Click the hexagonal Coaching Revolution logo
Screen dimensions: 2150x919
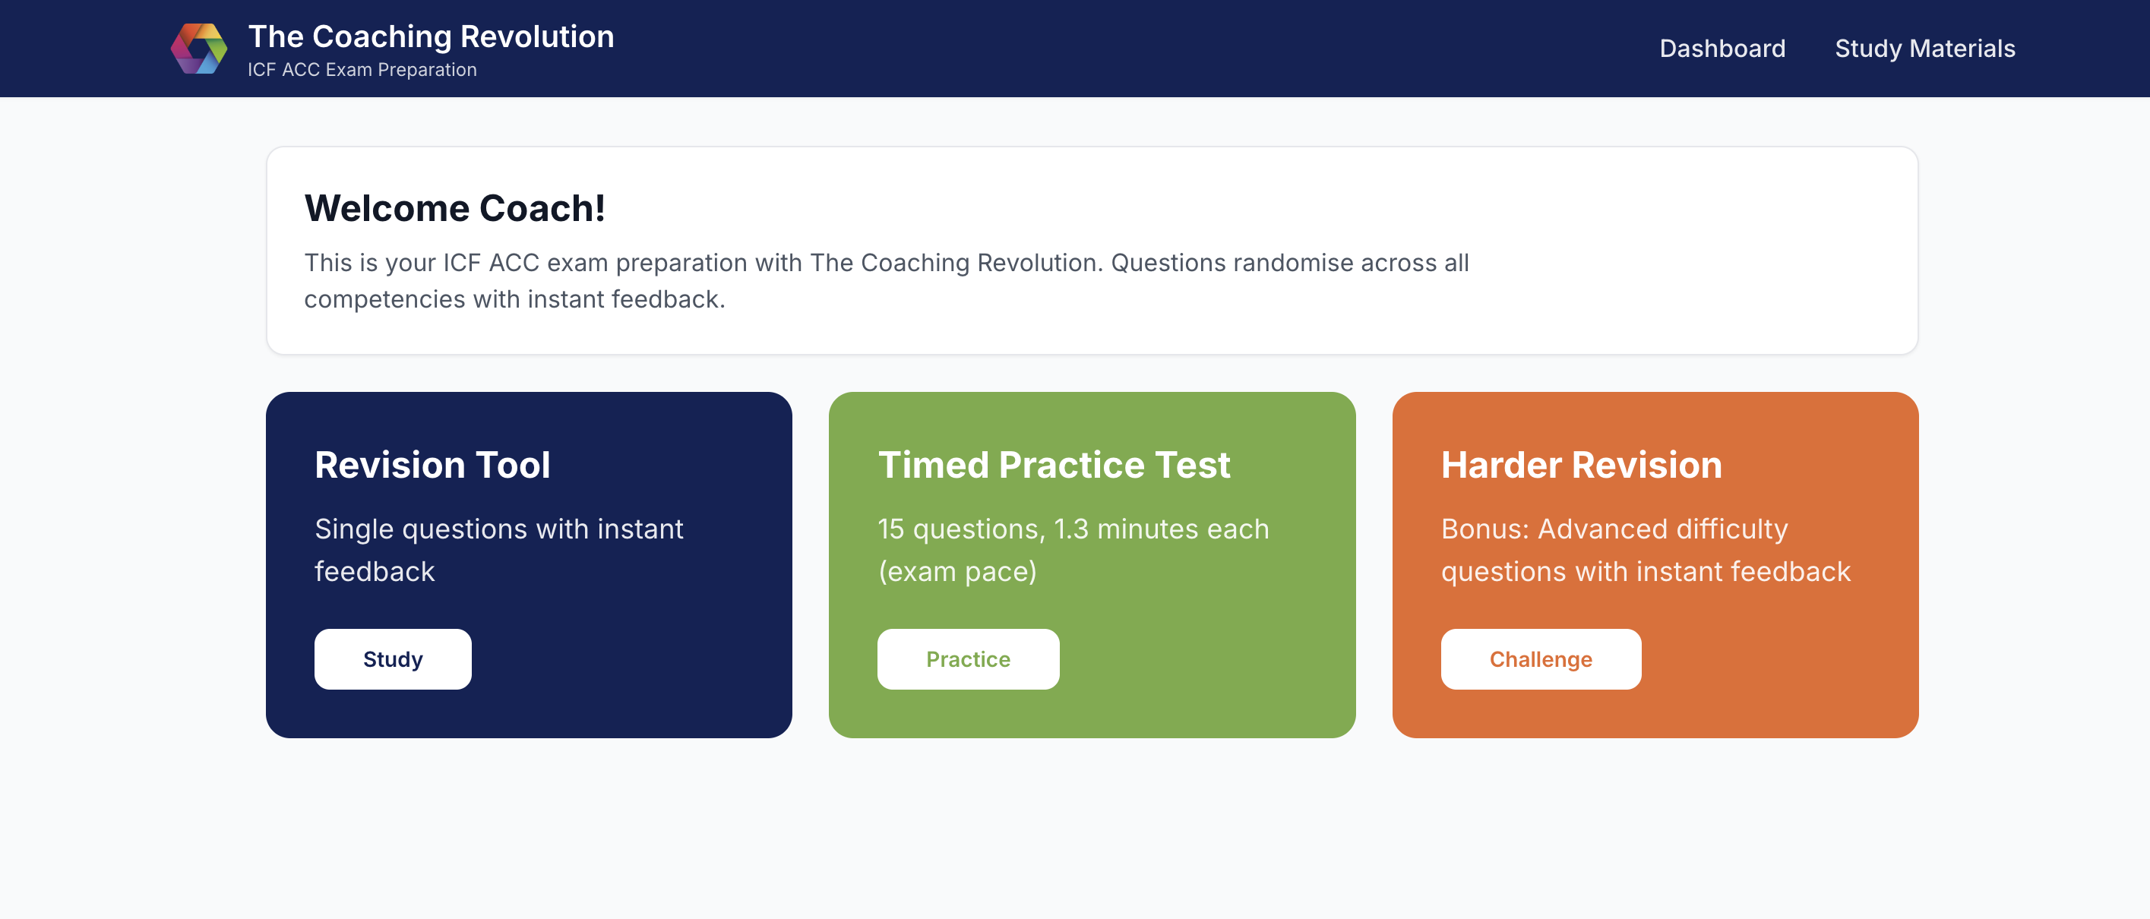point(198,49)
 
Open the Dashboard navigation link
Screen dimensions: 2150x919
point(1722,49)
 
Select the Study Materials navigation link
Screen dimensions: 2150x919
point(1924,49)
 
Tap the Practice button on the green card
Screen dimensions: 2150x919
point(968,658)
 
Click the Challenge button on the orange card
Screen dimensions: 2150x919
point(1541,658)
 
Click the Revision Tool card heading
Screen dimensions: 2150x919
point(432,465)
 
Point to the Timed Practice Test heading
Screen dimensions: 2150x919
point(1054,465)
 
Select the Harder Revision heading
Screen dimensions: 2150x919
point(1582,465)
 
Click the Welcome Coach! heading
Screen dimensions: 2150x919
point(455,208)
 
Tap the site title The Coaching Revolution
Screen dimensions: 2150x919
point(431,36)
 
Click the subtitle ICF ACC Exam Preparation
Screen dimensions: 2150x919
point(362,69)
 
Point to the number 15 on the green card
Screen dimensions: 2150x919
point(890,529)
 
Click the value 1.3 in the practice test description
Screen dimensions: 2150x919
point(1071,529)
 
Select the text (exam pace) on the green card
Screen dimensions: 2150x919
point(957,572)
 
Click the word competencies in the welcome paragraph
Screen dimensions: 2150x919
point(384,300)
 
